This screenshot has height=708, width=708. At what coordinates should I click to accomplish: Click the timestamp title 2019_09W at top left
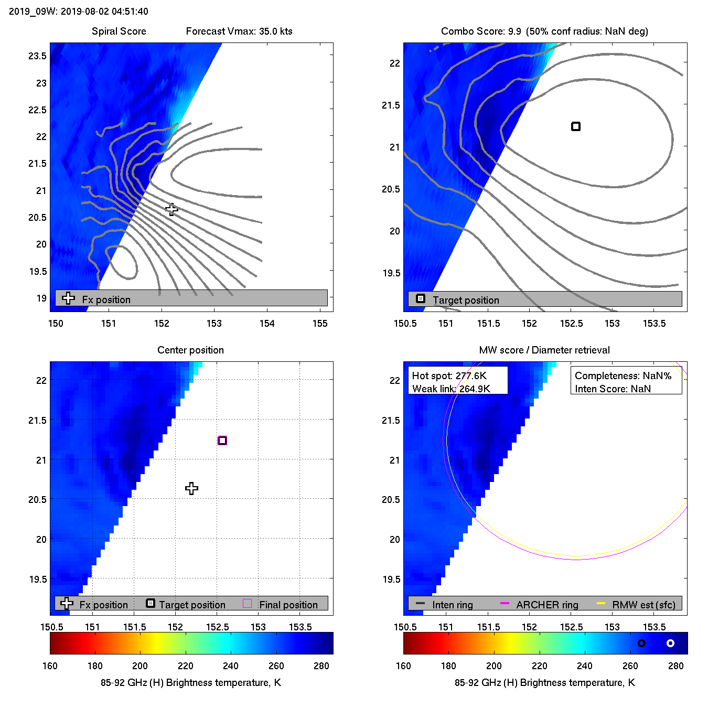pyautogui.click(x=79, y=12)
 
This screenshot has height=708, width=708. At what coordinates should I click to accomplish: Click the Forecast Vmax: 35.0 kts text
pyautogui.click(x=239, y=31)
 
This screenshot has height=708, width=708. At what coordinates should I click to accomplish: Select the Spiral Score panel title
pyautogui.click(x=119, y=31)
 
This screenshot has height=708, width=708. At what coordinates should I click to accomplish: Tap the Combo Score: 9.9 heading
pyautogui.click(x=481, y=31)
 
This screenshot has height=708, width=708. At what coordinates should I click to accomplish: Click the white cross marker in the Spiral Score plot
pyautogui.click(x=171, y=209)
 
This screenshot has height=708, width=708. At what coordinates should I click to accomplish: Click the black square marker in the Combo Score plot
pyautogui.click(x=576, y=126)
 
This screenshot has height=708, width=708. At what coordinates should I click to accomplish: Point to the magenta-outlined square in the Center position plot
pyautogui.click(x=222, y=441)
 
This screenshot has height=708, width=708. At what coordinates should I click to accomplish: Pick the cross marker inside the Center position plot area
pyautogui.click(x=191, y=488)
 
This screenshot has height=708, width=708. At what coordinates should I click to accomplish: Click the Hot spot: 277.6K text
pyautogui.click(x=449, y=376)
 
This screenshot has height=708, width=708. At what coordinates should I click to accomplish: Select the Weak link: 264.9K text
pyautogui.click(x=451, y=389)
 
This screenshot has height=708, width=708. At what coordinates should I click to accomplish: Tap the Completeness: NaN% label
pyautogui.click(x=623, y=376)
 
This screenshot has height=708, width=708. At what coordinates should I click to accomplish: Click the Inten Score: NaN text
pyautogui.click(x=613, y=389)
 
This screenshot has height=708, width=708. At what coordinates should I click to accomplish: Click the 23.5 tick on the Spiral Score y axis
pyautogui.click(x=37, y=56)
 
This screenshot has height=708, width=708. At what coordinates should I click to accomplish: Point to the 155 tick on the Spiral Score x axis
pyautogui.click(x=320, y=324)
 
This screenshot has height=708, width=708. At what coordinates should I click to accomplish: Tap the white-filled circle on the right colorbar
pyautogui.click(x=670, y=643)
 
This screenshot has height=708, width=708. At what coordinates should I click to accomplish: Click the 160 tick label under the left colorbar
pyautogui.click(x=50, y=666)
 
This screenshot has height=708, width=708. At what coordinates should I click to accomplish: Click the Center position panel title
pyautogui.click(x=190, y=350)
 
